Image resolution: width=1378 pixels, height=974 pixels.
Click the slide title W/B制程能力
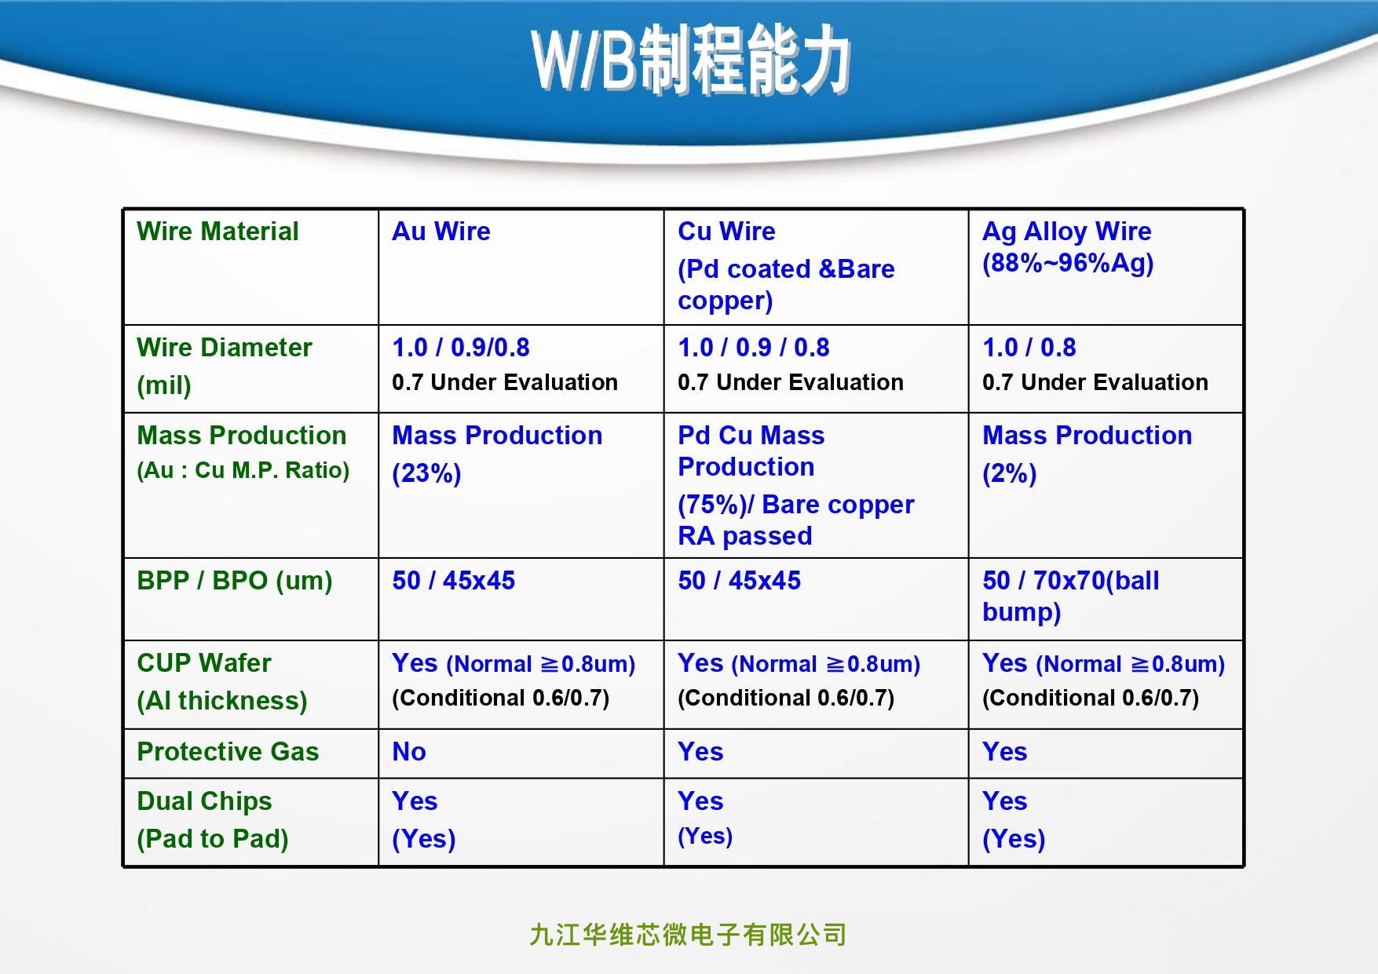(x=691, y=60)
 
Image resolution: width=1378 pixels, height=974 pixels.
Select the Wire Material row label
(x=217, y=232)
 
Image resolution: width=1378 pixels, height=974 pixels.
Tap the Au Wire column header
(x=441, y=232)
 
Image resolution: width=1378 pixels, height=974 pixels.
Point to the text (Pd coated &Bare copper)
(x=786, y=285)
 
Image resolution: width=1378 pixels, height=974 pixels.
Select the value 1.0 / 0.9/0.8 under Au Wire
(x=461, y=348)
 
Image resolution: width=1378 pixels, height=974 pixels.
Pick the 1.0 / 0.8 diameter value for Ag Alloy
(x=1029, y=348)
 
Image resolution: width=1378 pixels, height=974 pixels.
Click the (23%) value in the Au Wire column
(x=426, y=473)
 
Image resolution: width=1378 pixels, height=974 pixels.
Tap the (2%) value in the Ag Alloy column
(x=1010, y=473)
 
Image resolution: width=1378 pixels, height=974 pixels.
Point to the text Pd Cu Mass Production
(x=751, y=451)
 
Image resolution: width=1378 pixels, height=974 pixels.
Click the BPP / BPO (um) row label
(x=235, y=581)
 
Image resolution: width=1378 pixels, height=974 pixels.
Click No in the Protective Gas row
(x=409, y=752)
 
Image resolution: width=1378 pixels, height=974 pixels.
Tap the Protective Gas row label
(x=228, y=752)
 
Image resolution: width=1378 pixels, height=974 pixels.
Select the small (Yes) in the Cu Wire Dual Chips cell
(x=705, y=836)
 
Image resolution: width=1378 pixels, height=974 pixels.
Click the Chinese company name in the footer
(x=688, y=935)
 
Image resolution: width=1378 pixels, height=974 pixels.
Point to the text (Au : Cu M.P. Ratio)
(x=243, y=470)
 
